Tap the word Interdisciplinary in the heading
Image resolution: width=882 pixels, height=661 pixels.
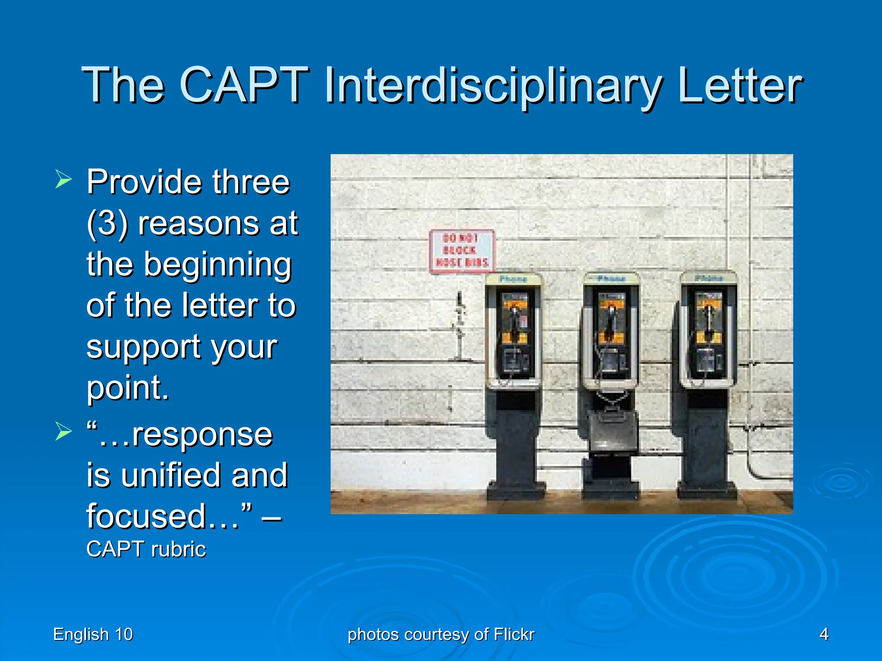[493, 86]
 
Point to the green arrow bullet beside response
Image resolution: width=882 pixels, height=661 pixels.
[63, 431]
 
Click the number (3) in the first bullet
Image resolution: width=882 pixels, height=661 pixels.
[107, 224]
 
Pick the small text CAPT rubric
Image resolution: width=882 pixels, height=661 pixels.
[146, 549]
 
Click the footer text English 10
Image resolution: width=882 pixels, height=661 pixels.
[93, 634]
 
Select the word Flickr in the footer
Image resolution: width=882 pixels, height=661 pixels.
[514, 634]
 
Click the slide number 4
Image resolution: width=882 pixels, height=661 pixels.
[823, 634]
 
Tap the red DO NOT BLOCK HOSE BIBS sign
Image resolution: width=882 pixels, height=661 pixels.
[462, 251]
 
